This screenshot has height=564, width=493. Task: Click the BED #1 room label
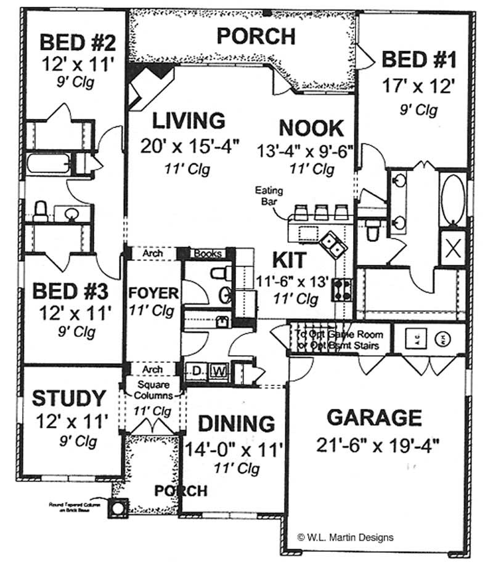[x=418, y=60]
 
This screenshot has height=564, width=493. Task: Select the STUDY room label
[x=69, y=398]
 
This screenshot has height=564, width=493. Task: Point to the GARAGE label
[x=374, y=417]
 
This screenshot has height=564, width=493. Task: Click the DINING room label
[x=235, y=424]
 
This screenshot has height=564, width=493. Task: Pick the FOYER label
[x=153, y=292]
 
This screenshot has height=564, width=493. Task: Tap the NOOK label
[x=311, y=128]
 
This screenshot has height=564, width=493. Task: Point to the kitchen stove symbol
[x=342, y=289]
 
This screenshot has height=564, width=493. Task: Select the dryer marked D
[x=197, y=371]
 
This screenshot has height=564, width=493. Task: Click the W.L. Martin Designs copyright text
[x=345, y=537]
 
